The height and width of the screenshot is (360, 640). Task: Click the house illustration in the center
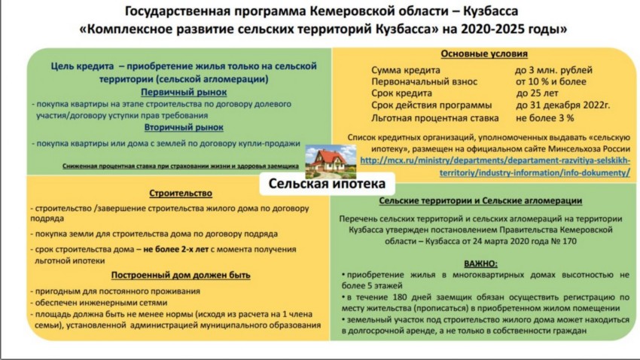[x=331, y=161]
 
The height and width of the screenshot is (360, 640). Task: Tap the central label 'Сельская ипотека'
[x=327, y=184]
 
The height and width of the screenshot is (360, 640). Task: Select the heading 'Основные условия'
[x=484, y=54]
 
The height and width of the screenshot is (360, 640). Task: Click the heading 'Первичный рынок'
[x=184, y=92]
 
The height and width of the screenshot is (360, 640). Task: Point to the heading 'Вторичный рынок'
[x=184, y=127]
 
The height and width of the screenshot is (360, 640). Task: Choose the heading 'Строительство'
[x=181, y=193]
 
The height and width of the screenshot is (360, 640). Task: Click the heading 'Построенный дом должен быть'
[x=181, y=275]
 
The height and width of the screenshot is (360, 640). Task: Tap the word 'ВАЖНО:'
[x=481, y=264]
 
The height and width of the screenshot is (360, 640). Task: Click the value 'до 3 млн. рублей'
[x=553, y=70]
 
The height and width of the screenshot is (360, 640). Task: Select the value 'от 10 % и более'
[x=551, y=81]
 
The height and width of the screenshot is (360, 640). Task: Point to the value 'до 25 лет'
[x=537, y=93]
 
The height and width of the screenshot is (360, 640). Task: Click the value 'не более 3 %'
[x=545, y=118]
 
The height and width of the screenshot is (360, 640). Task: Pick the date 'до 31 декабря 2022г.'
[x=563, y=105]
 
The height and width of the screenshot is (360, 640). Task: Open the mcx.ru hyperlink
[x=495, y=166]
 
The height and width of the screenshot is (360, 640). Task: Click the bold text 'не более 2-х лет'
[x=176, y=249]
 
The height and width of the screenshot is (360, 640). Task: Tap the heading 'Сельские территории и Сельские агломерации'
[x=480, y=201]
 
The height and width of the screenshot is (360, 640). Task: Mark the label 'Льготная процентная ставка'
[x=434, y=118]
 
